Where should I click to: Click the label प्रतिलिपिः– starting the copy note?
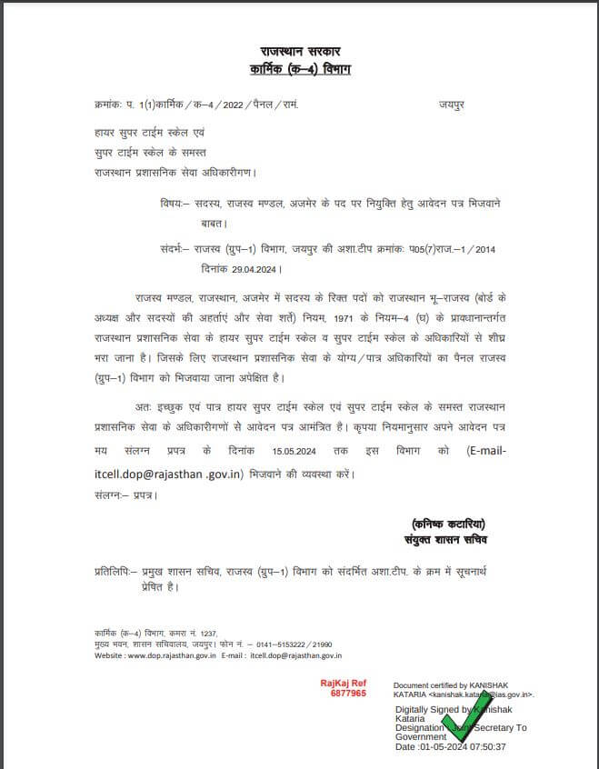[117, 573]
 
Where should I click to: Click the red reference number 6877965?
[348, 694]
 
